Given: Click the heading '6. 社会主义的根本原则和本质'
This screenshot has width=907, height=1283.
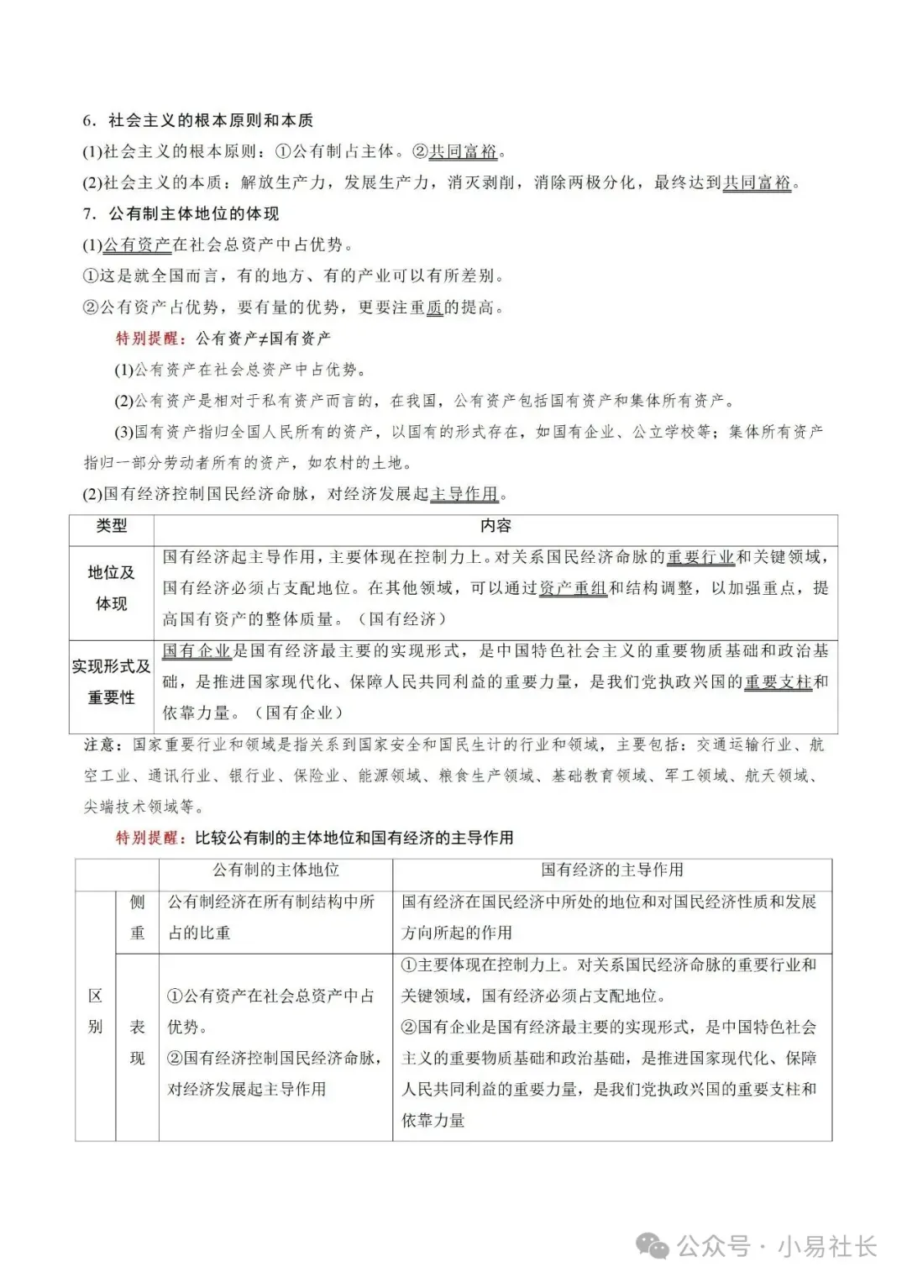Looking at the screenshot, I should click(x=197, y=120).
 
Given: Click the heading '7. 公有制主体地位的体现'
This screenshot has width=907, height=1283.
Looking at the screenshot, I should click(x=181, y=213).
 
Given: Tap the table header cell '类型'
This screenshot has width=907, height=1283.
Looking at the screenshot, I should click(x=112, y=526).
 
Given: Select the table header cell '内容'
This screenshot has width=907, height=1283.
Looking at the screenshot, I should click(x=495, y=526).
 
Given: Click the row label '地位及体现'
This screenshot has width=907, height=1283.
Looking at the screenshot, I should click(x=112, y=588).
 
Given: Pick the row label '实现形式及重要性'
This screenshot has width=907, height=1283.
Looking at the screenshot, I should click(x=112, y=681).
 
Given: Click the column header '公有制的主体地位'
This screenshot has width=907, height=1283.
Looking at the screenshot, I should click(x=275, y=870).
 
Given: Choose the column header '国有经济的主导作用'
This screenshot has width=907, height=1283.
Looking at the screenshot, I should click(x=611, y=870).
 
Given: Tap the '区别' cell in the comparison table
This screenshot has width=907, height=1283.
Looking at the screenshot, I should click(x=95, y=1011).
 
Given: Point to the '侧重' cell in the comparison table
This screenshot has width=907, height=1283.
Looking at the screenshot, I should click(x=137, y=917).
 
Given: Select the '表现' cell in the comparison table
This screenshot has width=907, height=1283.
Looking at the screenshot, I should click(x=137, y=1042).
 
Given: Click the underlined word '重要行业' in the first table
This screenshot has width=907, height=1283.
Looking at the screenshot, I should click(x=700, y=557).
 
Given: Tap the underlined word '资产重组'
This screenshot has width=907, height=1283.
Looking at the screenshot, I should click(x=572, y=588).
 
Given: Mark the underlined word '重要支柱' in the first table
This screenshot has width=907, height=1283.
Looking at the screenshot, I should click(x=778, y=681).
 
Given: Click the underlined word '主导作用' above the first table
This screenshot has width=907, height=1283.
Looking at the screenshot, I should click(x=464, y=494).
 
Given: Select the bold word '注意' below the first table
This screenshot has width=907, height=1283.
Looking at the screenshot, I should click(x=103, y=744).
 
